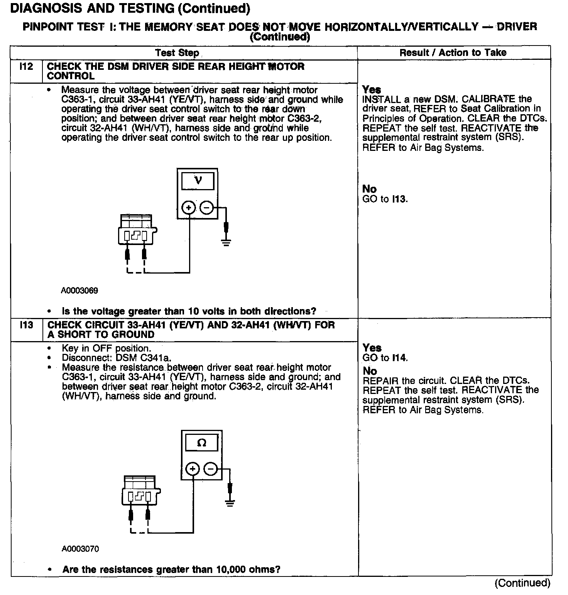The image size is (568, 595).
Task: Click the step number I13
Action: click(26, 325)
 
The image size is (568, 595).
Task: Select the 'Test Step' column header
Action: click(177, 53)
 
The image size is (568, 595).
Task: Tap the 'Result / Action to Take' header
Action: click(453, 52)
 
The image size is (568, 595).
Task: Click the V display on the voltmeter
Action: click(198, 180)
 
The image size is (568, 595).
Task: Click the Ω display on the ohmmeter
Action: click(201, 443)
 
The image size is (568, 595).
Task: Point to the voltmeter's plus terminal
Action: click(189, 208)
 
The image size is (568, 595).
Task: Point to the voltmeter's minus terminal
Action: click(207, 208)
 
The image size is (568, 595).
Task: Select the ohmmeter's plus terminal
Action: click(193, 469)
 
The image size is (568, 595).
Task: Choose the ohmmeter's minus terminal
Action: click(211, 469)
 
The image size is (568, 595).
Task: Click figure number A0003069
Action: click(79, 291)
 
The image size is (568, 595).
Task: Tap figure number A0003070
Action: click(80, 549)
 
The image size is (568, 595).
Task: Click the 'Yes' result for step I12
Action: click(372, 90)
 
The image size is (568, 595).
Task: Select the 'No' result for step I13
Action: click(370, 371)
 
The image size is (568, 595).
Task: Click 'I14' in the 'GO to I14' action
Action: click(399, 358)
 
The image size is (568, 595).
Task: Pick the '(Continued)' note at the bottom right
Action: click(522, 583)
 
